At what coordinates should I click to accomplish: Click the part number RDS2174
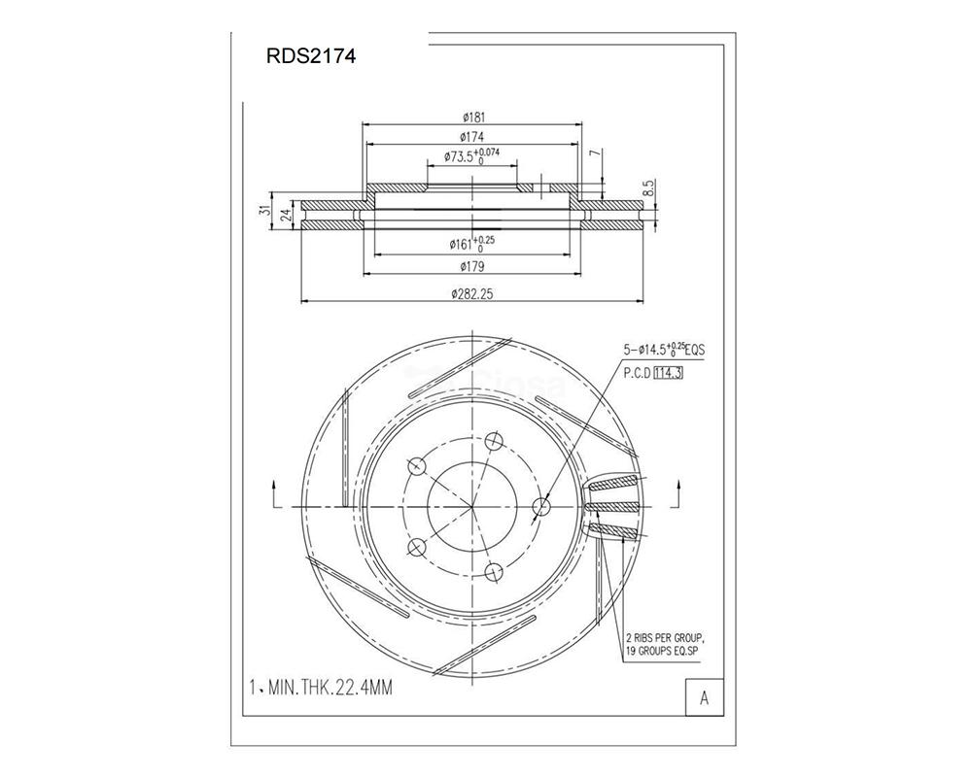tap(311, 56)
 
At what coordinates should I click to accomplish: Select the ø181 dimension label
tap(473, 118)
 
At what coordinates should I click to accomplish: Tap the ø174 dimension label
tap(472, 137)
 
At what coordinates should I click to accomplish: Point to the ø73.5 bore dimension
tap(471, 156)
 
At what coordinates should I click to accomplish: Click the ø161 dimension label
tap(471, 244)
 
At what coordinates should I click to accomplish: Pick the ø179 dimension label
tap(472, 267)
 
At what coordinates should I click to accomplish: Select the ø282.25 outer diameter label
tap(472, 294)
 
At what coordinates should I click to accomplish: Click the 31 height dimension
tap(266, 211)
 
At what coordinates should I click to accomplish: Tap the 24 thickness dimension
tap(286, 215)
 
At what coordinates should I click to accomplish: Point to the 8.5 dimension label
tap(649, 188)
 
